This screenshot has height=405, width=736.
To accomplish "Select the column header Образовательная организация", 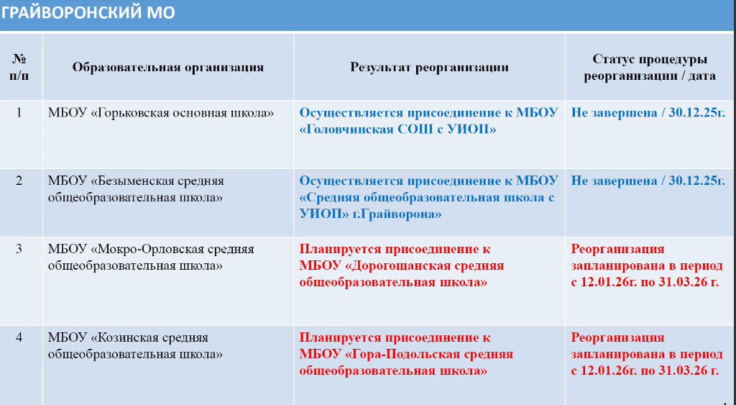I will (167, 68).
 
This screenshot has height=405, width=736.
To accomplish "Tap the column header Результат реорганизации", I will (429, 68).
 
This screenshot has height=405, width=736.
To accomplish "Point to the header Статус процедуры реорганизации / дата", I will (649, 68).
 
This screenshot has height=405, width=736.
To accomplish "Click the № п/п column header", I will (19, 68).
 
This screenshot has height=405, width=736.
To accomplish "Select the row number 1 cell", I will (19, 113).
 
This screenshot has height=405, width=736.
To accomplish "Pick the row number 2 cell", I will (19, 181).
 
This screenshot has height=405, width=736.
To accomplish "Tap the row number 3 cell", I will (19, 250).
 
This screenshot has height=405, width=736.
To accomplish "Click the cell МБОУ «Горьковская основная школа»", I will (162, 113).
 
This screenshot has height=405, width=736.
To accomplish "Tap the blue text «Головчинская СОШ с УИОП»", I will (399, 129).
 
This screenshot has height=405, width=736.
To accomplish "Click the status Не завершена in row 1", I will (614, 113).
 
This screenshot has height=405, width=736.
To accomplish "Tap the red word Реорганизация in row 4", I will (618, 337).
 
